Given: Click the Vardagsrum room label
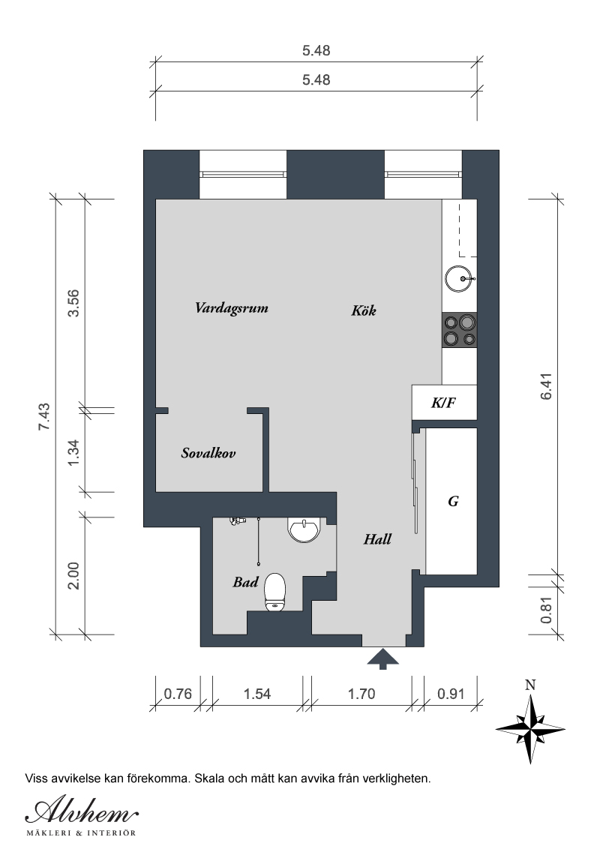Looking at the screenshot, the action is pos(231,309).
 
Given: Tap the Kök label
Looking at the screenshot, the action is pos(363,310).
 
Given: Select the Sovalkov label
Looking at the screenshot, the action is pos(208,453).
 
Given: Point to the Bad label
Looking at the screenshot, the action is pos(245,582).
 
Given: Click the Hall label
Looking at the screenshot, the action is pos(377,538).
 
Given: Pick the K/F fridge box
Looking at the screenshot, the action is pos(444,402).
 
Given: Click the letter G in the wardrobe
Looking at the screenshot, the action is pos(453,502).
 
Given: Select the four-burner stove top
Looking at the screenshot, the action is pos(459,330).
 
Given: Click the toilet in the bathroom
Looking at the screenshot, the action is pos(274,592).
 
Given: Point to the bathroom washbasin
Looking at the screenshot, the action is pos(304,529).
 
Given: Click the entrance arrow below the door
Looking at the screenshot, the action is pos(382,659).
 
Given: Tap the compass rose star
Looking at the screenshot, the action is pos(530,729).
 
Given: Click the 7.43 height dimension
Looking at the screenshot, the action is pos(43,416).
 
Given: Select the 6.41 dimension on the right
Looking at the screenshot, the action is pos(547,386).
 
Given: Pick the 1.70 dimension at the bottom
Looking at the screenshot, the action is pos(361,694).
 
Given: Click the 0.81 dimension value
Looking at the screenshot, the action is pos(547,610).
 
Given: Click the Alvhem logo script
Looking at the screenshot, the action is pos(82,811).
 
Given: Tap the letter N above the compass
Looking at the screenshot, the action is pos(530,685).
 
